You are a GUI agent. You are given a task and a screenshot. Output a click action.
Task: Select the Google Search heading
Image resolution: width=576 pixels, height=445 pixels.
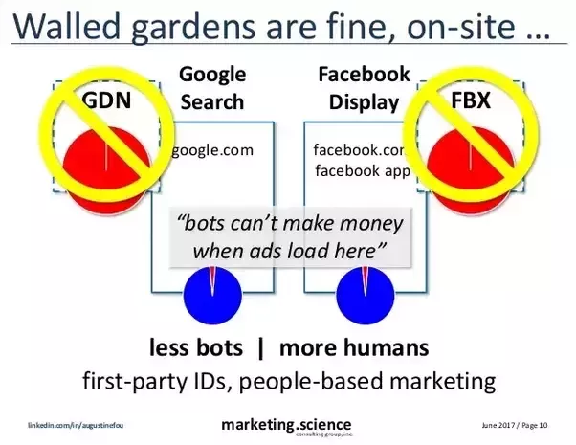[211, 86]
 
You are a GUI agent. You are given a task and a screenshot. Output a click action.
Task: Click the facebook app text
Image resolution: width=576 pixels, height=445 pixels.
[362, 172]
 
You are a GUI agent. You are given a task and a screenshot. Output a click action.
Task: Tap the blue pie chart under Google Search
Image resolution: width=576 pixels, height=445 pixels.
[211, 296]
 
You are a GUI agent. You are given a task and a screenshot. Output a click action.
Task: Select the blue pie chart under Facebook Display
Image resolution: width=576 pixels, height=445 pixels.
[364, 296]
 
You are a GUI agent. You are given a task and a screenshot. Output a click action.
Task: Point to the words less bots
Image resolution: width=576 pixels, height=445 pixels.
[197, 346]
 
